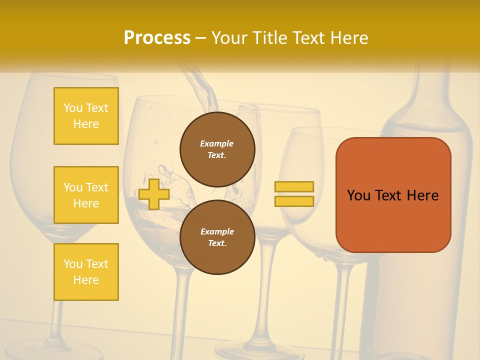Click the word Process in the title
(x=157, y=38)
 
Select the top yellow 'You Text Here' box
(x=86, y=116)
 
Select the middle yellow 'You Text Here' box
(x=86, y=195)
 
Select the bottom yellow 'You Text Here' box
(x=86, y=272)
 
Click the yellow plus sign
(x=154, y=194)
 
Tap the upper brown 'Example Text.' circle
(x=217, y=149)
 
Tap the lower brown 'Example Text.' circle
(x=217, y=237)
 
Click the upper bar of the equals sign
(x=294, y=186)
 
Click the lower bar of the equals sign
(x=294, y=201)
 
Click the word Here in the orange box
(x=422, y=195)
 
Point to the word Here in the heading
(x=350, y=38)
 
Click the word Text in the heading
(x=310, y=38)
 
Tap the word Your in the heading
(x=230, y=38)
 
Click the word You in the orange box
(x=358, y=195)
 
